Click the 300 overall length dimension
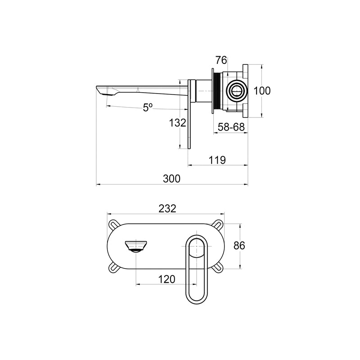(x=171, y=178)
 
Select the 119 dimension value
(x=217, y=160)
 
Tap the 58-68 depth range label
(x=231, y=127)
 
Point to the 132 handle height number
(x=177, y=123)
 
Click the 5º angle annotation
(x=148, y=107)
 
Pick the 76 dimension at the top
(x=221, y=60)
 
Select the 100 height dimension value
(x=262, y=91)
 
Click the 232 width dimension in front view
(x=167, y=208)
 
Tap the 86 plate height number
(x=239, y=246)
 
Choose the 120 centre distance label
(x=166, y=279)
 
